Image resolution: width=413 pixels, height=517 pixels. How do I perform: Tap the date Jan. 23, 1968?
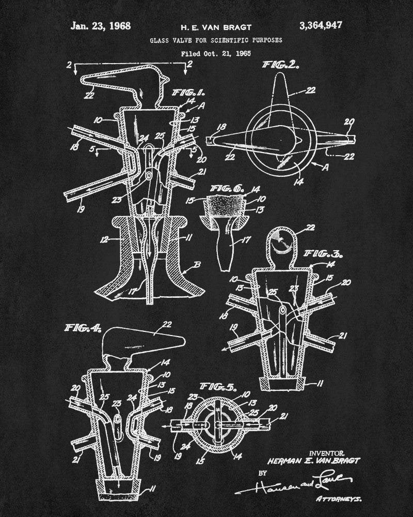click(101, 25)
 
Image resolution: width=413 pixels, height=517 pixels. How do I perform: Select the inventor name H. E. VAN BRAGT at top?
click(208, 26)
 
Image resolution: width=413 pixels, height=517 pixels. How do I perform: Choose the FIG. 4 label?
click(84, 328)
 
